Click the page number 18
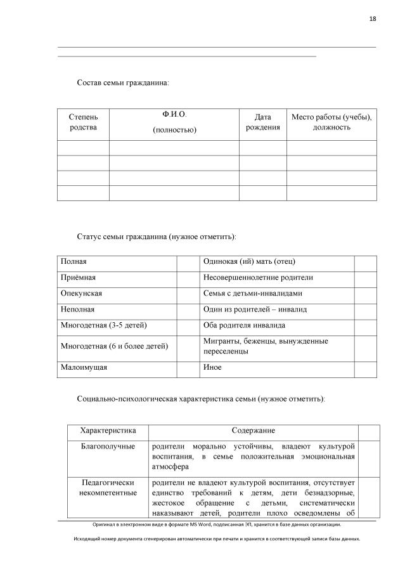373,19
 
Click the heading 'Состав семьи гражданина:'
123,82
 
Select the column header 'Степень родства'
84,122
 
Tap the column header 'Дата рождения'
262,122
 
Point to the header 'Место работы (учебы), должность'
331,122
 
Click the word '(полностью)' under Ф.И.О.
174,130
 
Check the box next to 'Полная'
188,262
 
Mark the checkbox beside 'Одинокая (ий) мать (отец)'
365,262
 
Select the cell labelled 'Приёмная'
117,278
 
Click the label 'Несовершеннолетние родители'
258,278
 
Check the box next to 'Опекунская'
188,294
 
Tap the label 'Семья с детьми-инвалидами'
253,294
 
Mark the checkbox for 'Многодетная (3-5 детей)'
188,325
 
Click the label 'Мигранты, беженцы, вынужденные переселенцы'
266,346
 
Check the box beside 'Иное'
365,368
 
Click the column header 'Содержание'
253,431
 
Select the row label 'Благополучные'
108,447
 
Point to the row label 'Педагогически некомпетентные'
108,488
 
